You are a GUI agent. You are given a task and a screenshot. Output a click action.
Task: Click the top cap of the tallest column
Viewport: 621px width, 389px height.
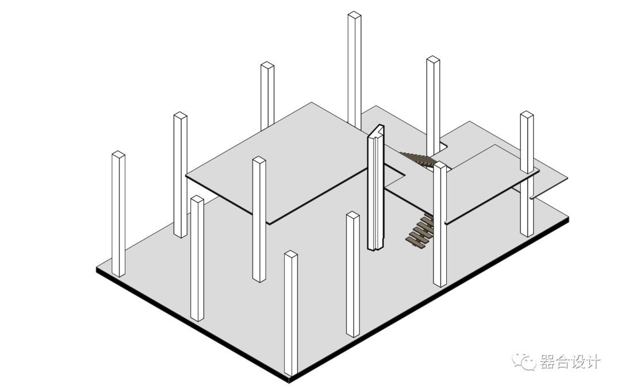coord(354,16)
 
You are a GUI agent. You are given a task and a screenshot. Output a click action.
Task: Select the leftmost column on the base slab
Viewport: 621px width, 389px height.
coord(118,214)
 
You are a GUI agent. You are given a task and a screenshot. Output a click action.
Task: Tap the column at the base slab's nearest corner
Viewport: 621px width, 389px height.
coord(291,313)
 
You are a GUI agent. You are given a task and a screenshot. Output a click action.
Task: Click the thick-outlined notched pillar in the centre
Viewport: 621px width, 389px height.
coord(376,188)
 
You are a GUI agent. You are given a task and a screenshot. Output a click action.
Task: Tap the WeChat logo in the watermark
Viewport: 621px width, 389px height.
coord(524,361)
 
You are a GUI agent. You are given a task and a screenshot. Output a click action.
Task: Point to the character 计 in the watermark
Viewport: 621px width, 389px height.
coord(593,361)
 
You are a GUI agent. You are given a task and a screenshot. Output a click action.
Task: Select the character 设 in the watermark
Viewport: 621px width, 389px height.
coord(577,361)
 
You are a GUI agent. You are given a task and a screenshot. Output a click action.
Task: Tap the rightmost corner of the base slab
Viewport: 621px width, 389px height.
coord(569,217)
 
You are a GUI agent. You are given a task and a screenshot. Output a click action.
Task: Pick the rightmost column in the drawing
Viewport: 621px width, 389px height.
coord(527,174)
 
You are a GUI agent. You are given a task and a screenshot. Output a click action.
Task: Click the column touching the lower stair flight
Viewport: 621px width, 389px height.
coord(440,224)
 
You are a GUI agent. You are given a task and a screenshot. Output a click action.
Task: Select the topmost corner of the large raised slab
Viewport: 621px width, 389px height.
coord(312,102)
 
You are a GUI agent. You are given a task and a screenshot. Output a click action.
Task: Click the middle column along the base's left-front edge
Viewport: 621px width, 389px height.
coord(197,258)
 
